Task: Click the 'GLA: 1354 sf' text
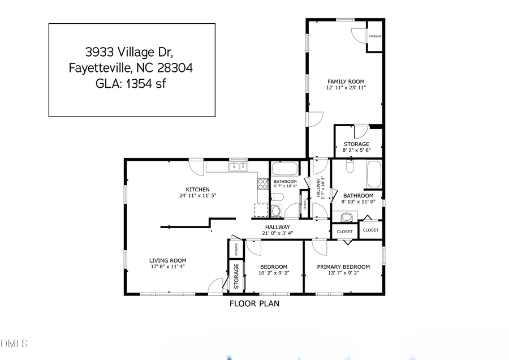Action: pos(132,84)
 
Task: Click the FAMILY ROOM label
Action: pos(345,82)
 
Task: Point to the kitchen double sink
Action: pos(238,166)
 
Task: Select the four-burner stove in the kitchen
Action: pos(263,183)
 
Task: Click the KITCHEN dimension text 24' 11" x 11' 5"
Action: pos(197,195)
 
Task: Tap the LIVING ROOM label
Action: pos(168,260)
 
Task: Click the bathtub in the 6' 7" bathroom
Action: pos(284,169)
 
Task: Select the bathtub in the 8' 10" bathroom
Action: pos(374,174)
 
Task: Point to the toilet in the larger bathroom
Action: pos(349,166)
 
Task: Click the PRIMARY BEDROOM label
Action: pos(343,267)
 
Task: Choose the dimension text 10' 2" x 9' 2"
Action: pos(273,273)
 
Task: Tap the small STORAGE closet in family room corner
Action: pos(375,37)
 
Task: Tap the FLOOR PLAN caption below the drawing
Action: pos(254,303)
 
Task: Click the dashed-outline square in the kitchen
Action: pos(261,210)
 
